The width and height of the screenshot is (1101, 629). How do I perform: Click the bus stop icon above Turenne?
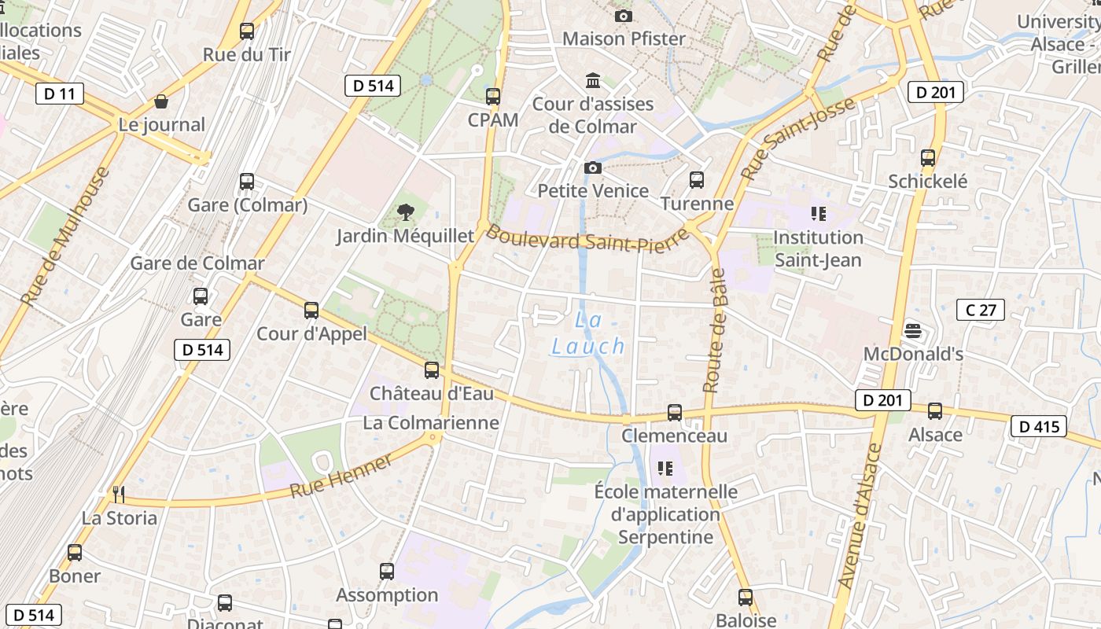click(696, 180)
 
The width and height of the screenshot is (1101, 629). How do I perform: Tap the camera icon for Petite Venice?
click(593, 167)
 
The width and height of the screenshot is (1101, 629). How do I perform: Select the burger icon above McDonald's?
click(913, 330)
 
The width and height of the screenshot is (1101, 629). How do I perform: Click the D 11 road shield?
click(60, 94)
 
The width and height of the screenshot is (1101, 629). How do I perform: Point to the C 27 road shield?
click(981, 310)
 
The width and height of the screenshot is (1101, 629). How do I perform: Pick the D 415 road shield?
click(1039, 427)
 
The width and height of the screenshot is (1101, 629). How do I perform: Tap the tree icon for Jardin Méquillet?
click(406, 212)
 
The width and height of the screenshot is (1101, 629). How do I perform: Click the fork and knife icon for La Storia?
click(119, 494)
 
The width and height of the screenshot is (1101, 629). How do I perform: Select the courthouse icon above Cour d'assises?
click(592, 80)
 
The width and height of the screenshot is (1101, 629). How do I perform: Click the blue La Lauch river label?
click(588, 333)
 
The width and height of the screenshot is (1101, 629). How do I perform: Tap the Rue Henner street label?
click(341, 476)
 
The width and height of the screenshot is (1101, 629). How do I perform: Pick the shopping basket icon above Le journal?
click(161, 101)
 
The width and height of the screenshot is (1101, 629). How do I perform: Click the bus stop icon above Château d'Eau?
click(431, 370)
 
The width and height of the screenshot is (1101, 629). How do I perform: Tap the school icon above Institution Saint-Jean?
click(818, 213)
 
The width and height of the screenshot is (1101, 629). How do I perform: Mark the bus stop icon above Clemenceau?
click(674, 412)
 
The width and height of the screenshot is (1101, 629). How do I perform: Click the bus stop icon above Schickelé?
click(928, 157)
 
